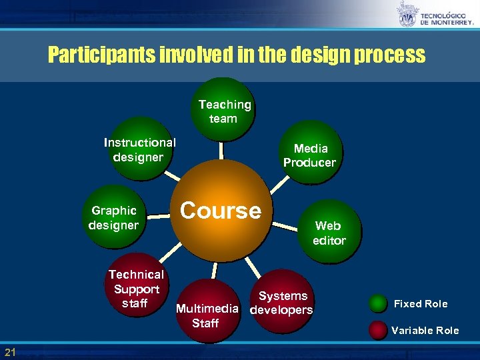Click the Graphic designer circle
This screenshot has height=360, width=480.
114,217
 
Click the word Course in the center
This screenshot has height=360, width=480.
220,211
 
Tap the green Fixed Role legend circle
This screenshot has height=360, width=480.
379,304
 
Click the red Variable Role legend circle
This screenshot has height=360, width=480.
379,330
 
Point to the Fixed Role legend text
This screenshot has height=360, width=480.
421,304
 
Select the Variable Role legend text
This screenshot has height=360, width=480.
425,331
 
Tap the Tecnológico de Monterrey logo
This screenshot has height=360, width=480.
435,14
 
